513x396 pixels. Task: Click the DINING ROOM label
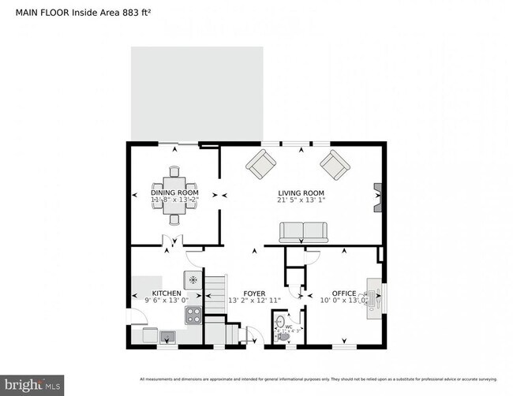tap(174, 192)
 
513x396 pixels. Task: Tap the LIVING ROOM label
tap(301, 193)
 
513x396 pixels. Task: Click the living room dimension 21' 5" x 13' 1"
tap(301, 201)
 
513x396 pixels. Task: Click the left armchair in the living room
tap(260, 166)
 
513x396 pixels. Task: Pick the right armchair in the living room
tap(335, 166)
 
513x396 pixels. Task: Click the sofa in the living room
tap(303, 231)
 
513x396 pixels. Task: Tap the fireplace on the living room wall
tap(378, 197)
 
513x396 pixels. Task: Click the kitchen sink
tap(167, 338)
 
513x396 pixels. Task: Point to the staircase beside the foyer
tap(215, 296)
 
